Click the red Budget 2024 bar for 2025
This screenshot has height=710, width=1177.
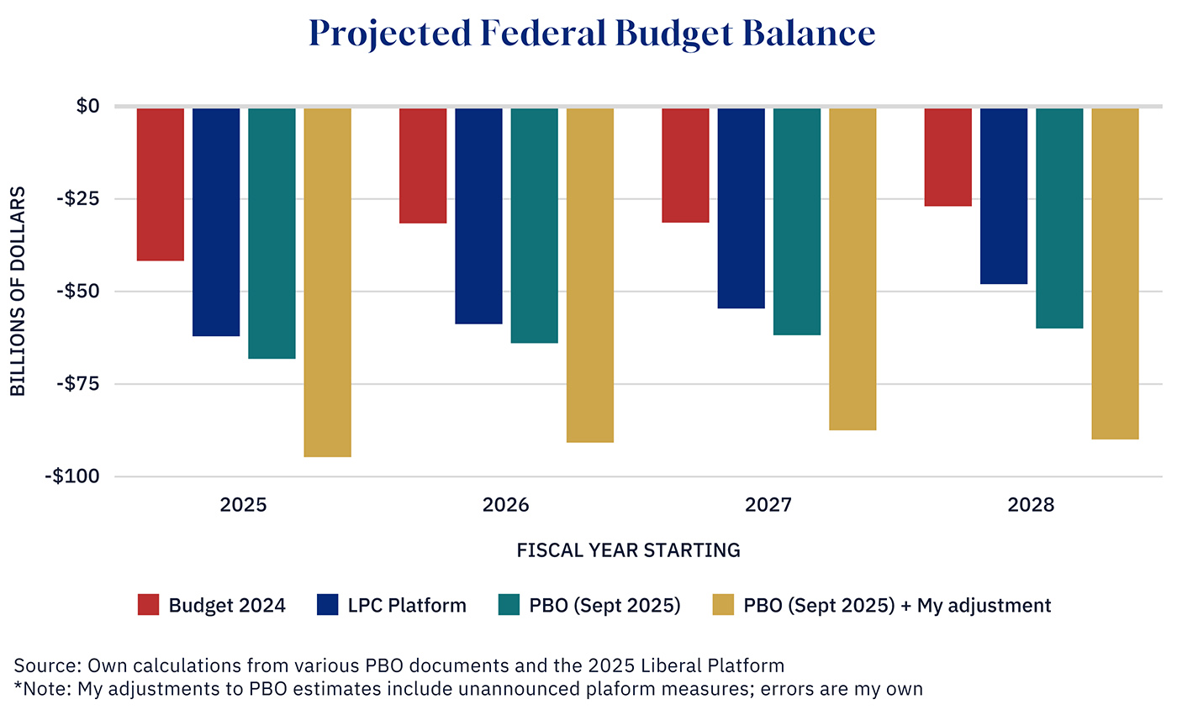coord(161,184)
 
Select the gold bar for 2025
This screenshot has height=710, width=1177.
coord(327,281)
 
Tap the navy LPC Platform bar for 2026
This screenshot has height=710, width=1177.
coord(478,215)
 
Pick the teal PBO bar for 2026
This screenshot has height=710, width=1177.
coord(534,225)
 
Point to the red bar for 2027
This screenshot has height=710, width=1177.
coord(685,165)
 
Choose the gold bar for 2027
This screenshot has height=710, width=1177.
coord(852,269)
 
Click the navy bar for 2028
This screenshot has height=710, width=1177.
coord(1004,196)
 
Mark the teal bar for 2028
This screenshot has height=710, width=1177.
coord(1059,218)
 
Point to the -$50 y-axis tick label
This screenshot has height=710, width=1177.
coord(77,292)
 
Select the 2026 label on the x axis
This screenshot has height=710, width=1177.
coord(506,506)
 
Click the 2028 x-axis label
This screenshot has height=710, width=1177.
coord(1032,506)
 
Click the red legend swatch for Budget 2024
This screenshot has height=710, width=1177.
coord(148,605)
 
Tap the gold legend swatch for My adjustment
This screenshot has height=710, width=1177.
coord(723,605)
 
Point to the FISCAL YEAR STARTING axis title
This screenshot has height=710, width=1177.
coord(628,551)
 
